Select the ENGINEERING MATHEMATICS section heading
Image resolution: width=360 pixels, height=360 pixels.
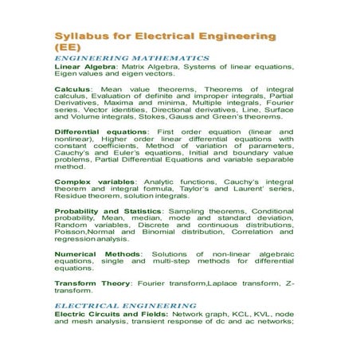point(131,58)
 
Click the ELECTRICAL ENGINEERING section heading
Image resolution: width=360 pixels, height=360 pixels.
point(125,305)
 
